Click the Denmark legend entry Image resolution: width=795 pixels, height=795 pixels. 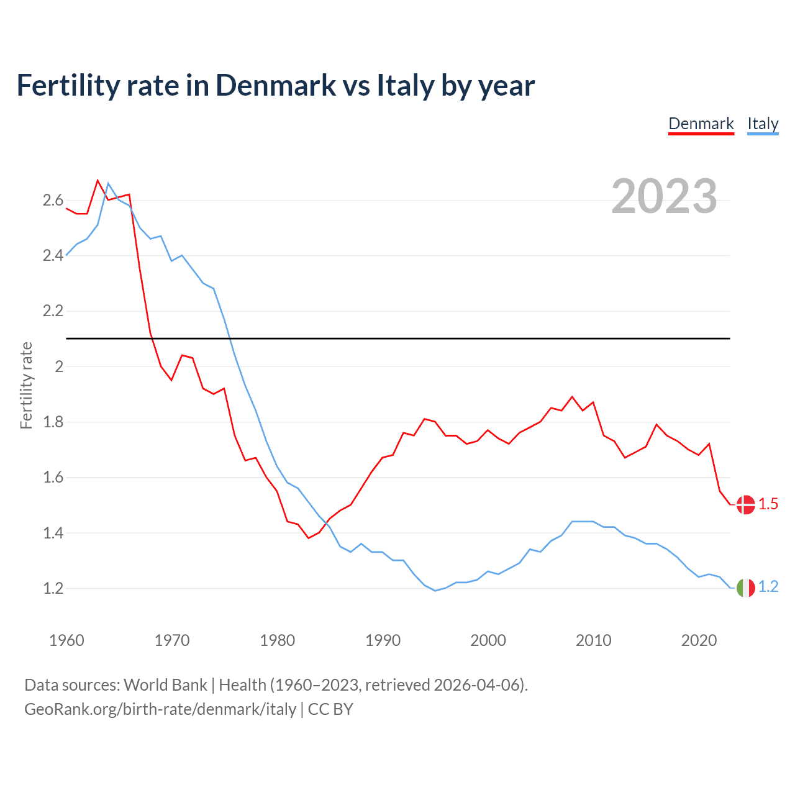click(x=701, y=124)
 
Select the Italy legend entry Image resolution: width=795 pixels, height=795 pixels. click(x=763, y=124)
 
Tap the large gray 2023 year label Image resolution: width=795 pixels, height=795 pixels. click(x=664, y=196)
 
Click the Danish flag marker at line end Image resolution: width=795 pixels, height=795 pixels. click(x=745, y=504)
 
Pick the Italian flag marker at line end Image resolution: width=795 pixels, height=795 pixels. click(x=745, y=587)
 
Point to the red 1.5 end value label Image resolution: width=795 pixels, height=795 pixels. click(x=768, y=504)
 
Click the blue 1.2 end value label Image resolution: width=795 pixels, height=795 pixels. click(x=768, y=587)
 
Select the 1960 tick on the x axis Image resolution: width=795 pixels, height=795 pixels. click(x=66, y=640)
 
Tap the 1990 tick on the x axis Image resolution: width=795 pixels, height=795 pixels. click(x=383, y=640)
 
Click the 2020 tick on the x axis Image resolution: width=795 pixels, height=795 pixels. click(x=699, y=640)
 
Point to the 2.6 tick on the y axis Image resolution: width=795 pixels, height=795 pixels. click(x=53, y=200)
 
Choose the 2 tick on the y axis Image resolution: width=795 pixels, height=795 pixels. click(x=59, y=366)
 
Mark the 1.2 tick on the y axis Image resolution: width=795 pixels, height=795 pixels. click(x=53, y=588)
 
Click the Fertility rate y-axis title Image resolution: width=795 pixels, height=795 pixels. click(x=26, y=385)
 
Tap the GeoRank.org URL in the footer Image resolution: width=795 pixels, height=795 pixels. click(x=160, y=709)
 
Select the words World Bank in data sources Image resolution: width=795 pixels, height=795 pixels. click(x=165, y=685)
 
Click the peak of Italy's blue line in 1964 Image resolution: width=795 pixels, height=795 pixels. click(x=108, y=183)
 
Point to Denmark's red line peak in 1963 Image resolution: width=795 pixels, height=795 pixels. click(x=98, y=180)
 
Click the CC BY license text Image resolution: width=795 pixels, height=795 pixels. click(x=330, y=709)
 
